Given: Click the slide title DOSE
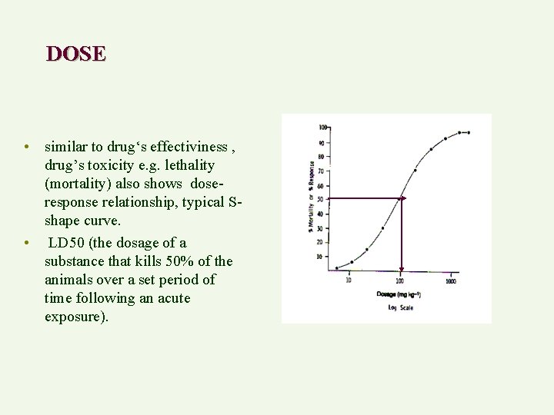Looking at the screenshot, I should tap(75, 54).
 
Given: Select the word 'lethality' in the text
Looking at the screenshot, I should tap(186, 165).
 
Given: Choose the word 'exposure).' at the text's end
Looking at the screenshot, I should tap(76, 316).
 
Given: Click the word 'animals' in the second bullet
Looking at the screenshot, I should tap(69, 280).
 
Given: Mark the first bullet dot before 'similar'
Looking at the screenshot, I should tap(26, 147).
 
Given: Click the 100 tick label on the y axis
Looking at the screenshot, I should tap(323, 127).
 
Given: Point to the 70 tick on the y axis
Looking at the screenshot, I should tap(321, 171).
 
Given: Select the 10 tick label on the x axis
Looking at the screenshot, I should tap(349, 281).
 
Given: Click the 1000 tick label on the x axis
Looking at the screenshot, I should tap(451, 281).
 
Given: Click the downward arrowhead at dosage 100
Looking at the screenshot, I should tap(400, 270).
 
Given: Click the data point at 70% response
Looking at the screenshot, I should tap(415, 170).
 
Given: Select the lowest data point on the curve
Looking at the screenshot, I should tap(336, 267).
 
